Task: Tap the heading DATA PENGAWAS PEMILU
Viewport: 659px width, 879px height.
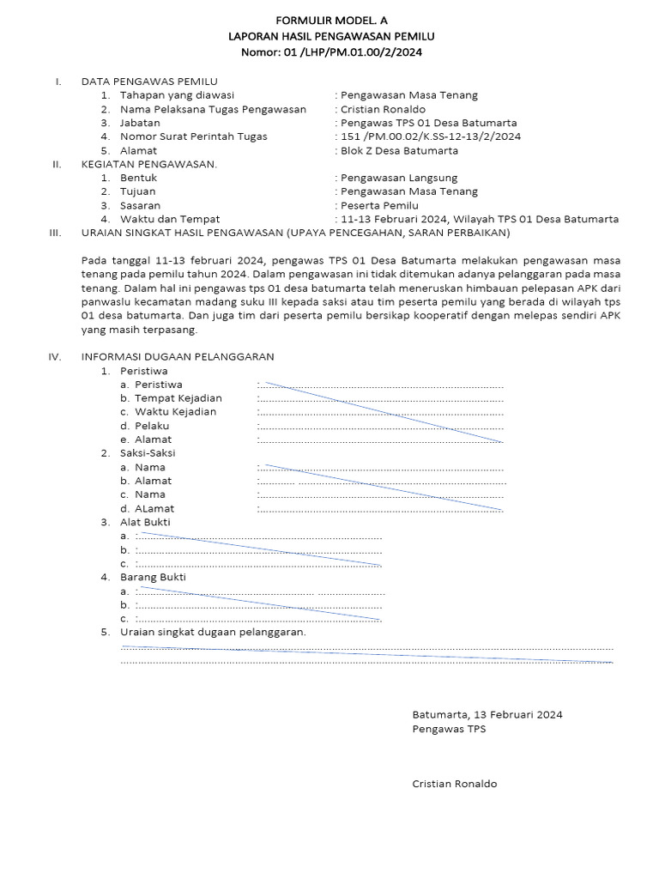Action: pyautogui.click(x=149, y=82)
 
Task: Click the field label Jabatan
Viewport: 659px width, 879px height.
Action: pyautogui.click(x=140, y=123)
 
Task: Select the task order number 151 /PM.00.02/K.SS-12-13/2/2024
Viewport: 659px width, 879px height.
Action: pyautogui.click(x=430, y=136)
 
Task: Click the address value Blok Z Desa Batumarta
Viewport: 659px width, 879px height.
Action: pyautogui.click(x=399, y=150)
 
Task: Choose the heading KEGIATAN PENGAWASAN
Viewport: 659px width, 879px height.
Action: pyautogui.click(x=149, y=164)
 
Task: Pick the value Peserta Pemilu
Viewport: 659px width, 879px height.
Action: pyautogui.click(x=379, y=205)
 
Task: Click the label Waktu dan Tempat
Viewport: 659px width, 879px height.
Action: pyautogui.click(x=170, y=219)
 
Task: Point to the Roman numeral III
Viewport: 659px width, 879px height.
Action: pyautogui.click(x=56, y=233)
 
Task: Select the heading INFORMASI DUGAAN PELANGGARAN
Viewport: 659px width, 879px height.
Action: pyautogui.click(x=178, y=357)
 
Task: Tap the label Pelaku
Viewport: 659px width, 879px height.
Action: pyautogui.click(x=152, y=426)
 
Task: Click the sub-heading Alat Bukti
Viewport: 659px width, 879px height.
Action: pyautogui.click(x=145, y=522)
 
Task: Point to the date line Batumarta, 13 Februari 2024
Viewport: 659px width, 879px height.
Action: pyautogui.click(x=487, y=714)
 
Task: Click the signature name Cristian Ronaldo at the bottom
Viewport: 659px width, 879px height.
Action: pyautogui.click(x=454, y=784)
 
